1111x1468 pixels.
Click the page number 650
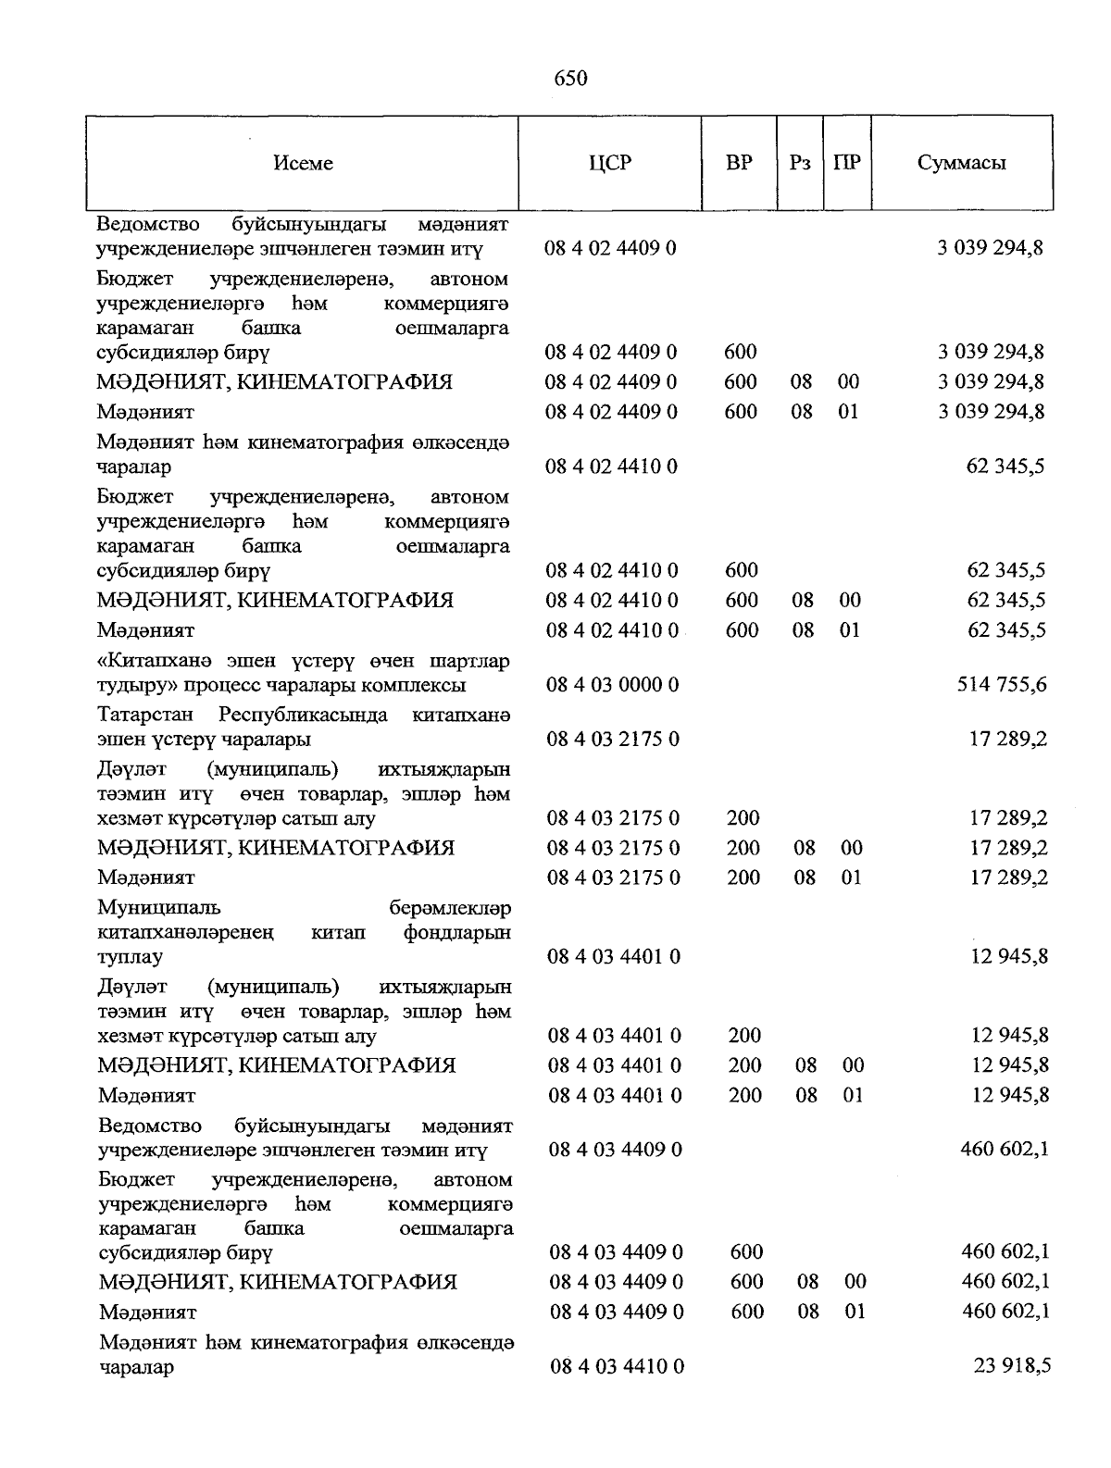pyautogui.click(x=570, y=79)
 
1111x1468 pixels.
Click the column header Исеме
pyautogui.click(x=304, y=164)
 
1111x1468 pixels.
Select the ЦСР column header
pyautogui.click(x=610, y=164)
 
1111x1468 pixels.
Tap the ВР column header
pyautogui.click(x=739, y=164)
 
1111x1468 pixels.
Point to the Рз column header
pyautogui.click(x=801, y=164)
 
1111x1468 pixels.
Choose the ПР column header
pyautogui.click(x=847, y=164)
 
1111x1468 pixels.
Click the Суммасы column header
pyautogui.click(x=962, y=164)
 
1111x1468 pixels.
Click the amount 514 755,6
pyautogui.click(x=1004, y=685)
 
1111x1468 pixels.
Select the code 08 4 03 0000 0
pyautogui.click(x=613, y=685)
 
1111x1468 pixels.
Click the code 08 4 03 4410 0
pyautogui.click(x=617, y=1366)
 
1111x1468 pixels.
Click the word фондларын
pyautogui.click(x=457, y=933)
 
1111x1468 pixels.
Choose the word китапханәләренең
pyautogui.click(x=186, y=933)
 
